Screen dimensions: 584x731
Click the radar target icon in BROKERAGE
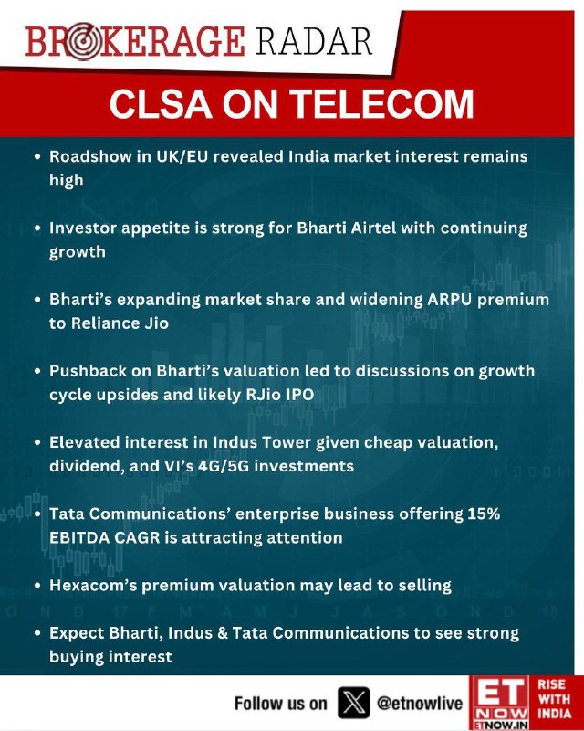tap(82, 41)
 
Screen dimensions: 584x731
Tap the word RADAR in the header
tap(313, 41)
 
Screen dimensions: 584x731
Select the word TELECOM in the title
tap(382, 103)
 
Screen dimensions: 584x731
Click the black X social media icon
tap(353, 703)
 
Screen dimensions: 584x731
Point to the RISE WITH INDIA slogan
tap(554, 699)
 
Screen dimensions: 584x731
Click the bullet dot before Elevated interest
tap(38, 443)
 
